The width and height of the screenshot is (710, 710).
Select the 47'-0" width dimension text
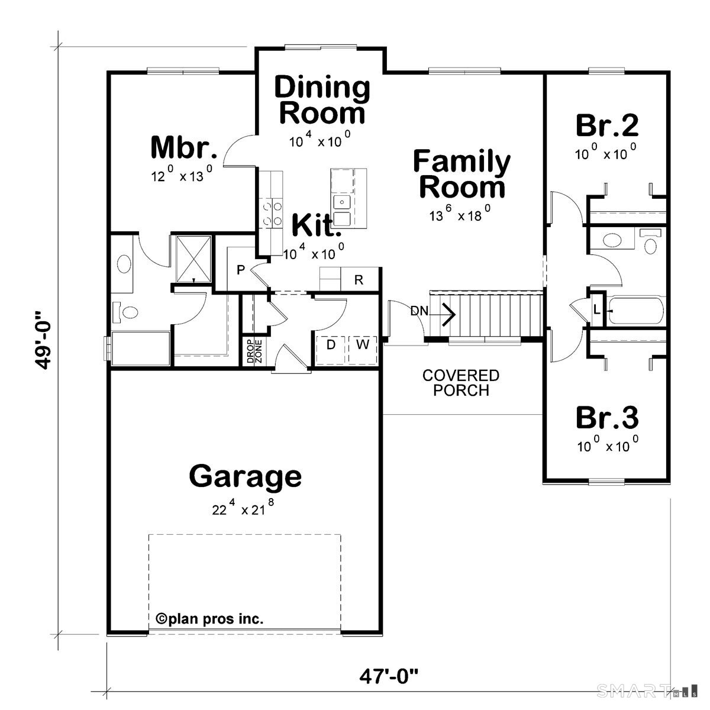point(389,686)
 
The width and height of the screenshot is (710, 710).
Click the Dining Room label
point(322,99)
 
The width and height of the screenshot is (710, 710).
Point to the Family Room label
point(462,174)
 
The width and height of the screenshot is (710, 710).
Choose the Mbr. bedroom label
point(183,147)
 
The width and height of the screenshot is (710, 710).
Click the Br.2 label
point(607,125)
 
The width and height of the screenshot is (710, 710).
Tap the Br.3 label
point(607,418)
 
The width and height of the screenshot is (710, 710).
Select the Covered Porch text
point(461,383)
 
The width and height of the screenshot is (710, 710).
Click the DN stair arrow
point(443,314)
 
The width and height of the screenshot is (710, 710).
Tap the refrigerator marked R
point(359,280)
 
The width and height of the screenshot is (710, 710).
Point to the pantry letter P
point(241,270)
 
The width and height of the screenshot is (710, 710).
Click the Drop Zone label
point(254,351)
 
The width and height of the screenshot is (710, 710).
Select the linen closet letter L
point(597,310)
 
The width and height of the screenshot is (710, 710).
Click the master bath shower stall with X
point(193,259)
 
